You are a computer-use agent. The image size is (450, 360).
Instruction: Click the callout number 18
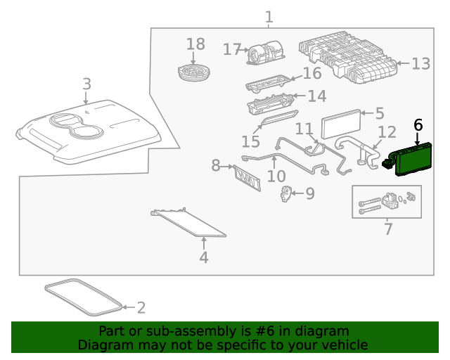pyautogui.click(x=195, y=44)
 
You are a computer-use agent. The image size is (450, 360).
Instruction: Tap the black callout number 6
pyautogui.click(x=418, y=125)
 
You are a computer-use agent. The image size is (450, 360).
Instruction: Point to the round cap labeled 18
pyautogui.click(x=194, y=73)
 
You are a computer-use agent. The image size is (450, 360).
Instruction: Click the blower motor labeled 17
pyautogui.click(x=266, y=53)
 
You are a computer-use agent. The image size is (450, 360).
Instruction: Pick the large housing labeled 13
pyautogui.click(x=348, y=58)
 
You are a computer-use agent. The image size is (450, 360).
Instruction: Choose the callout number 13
pyautogui.click(x=420, y=64)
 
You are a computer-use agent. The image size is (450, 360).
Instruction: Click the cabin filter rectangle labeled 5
pyautogui.click(x=341, y=124)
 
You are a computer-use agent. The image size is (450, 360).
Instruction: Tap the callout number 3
pyautogui.click(x=87, y=84)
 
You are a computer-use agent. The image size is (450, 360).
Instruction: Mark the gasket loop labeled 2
pyautogui.click(x=83, y=297)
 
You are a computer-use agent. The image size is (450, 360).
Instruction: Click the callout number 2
pyautogui.click(x=141, y=308)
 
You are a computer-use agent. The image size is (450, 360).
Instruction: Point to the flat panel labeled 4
pyautogui.click(x=188, y=222)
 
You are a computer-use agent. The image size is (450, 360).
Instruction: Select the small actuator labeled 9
pyautogui.click(x=285, y=194)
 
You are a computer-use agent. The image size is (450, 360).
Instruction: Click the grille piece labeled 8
pyautogui.click(x=247, y=179)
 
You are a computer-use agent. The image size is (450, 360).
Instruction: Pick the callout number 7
pyautogui.click(x=388, y=229)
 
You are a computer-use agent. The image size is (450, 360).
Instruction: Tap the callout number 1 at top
pyautogui.click(x=269, y=17)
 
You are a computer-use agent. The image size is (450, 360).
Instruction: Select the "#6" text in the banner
pyautogui.click(x=264, y=331)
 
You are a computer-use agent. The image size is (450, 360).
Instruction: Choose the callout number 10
pyautogui.click(x=276, y=176)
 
